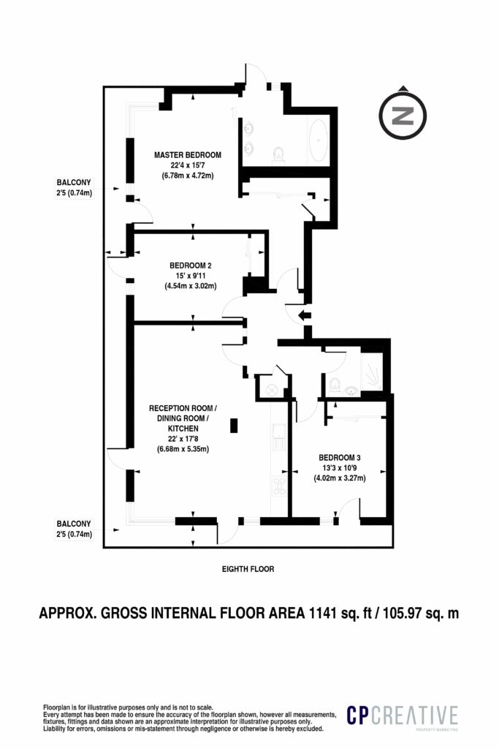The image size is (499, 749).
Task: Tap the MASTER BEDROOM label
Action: [187, 155]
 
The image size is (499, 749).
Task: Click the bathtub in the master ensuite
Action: [319, 141]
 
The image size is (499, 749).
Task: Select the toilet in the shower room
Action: [334, 384]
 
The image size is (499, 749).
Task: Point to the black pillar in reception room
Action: [234, 425]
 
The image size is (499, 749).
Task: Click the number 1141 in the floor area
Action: [326, 613]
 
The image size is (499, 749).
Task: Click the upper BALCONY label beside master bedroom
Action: [76, 182]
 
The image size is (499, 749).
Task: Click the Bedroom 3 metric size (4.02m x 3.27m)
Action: [339, 478]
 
